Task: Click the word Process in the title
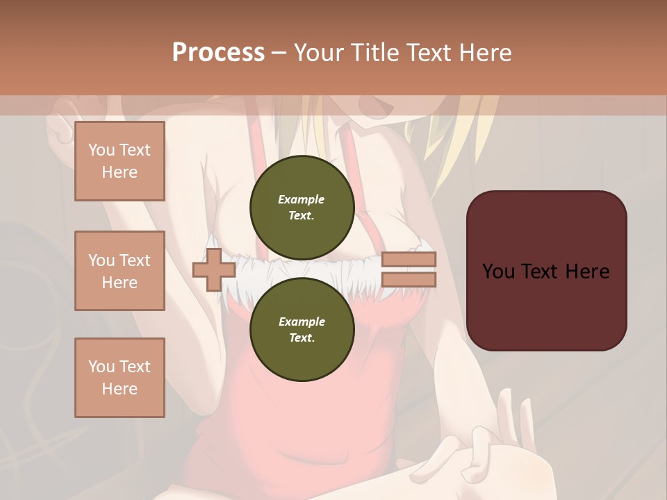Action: point(218,52)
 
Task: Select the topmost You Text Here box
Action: point(120,161)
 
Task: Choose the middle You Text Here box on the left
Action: point(120,271)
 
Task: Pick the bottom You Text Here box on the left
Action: point(120,377)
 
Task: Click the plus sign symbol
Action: point(214,270)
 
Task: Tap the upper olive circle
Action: point(302,207)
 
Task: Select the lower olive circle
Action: point(302,329)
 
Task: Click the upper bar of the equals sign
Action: point(409,260)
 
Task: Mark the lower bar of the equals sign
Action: point(409,280)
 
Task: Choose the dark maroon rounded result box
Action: point(546,270)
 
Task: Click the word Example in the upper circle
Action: point(302,199)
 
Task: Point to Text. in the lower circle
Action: point(302,337)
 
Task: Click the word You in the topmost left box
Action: point(101,150)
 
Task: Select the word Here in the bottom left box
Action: point(120,389)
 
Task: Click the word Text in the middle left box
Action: point(135,260)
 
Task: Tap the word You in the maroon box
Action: point(498,271)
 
